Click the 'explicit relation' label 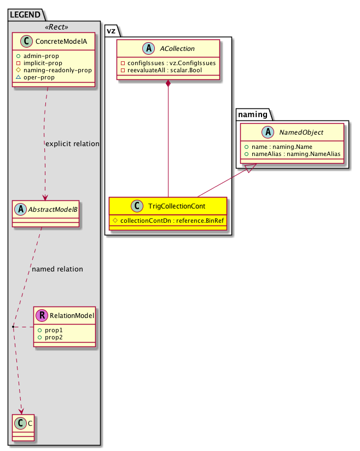click(x=72, y=144)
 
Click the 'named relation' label click(x=57, y=269)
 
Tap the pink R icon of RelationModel click(x=40, y=315)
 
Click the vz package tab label click(x=111, y=32)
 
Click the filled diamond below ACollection click(x=169, y=84)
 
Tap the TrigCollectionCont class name click(x=178, y=206)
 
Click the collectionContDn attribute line click(x=171, y=220)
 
